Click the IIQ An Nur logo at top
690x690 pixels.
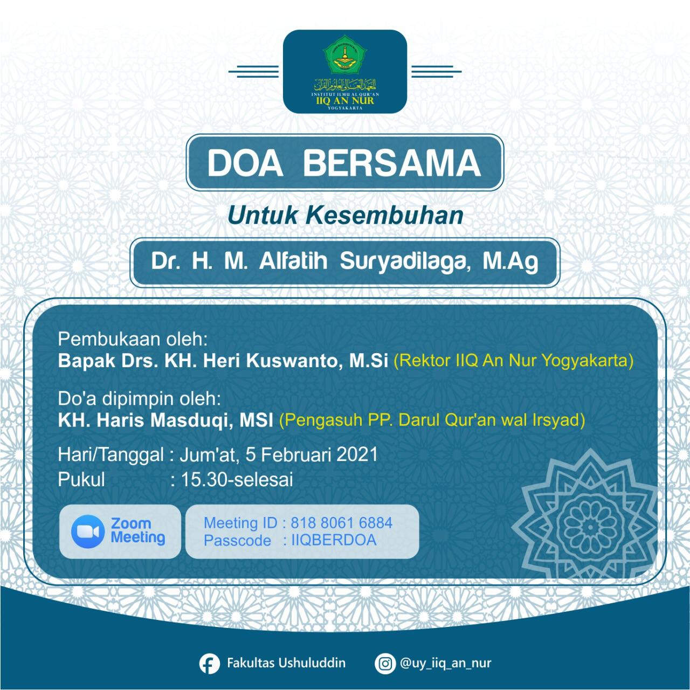pyautogui.click(x=345, y=71)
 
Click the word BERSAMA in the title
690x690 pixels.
pyautogui.click(x=391, y=163)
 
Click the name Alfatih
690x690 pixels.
pyautogui.click(x=293, y=262)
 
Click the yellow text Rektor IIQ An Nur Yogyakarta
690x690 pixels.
pyautogui.click(x=514, y=360)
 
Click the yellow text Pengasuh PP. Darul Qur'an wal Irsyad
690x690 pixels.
pyautogui.click(x=432, y=420)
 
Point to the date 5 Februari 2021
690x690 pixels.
pyautogui.click(x=312, y=454)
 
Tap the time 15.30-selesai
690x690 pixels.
pyautogui.click(x=237, y=479)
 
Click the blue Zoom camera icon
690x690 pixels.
pyautogui.click(x=87, y=531)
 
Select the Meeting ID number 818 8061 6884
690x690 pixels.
pyautogui.click(x=341, y=523)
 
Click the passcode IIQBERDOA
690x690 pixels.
pyautogui.click(x=334, y=540)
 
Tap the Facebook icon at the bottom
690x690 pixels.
pyautogui.click(x=209, y=664)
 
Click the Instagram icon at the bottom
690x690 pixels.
pyautogui.click(x=385, y=664)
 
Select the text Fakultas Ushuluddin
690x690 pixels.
pyautogui.click(x=286, y=663)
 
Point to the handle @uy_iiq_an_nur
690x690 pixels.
pyautogui.click(x=446, y=663)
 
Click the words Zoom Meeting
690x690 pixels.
pyautogui.click(x=138, y=530)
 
